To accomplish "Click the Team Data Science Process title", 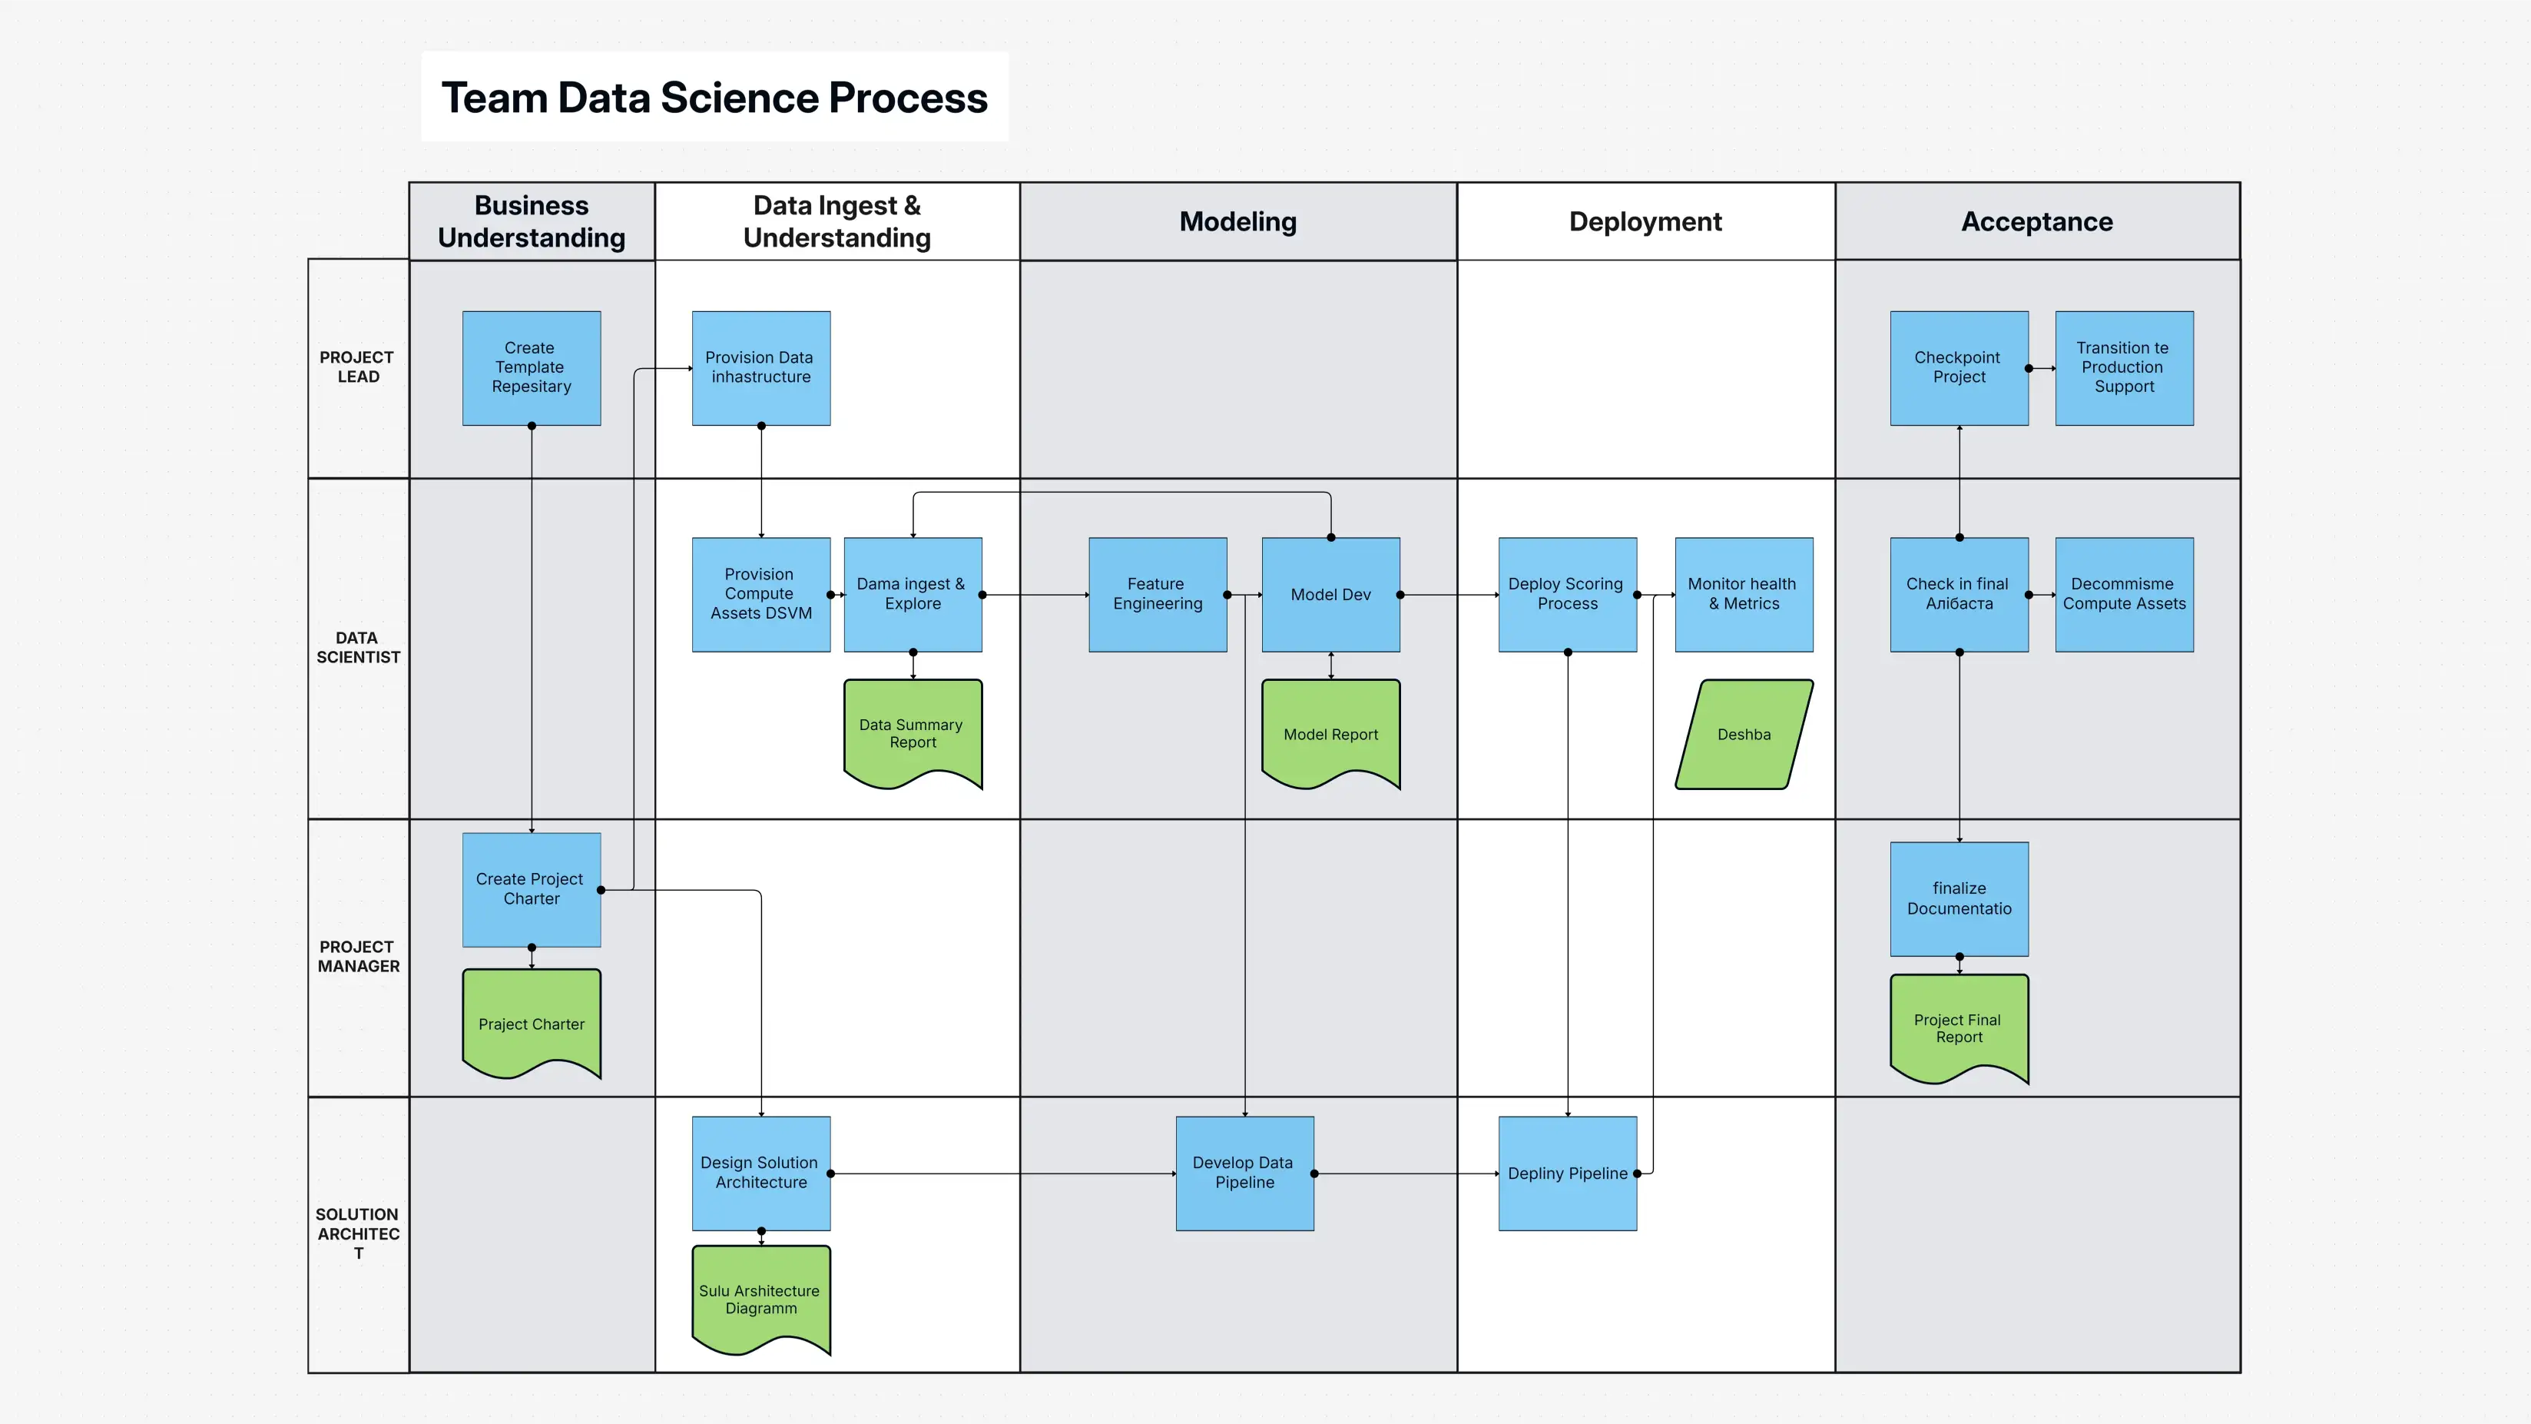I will [x=714, y=98].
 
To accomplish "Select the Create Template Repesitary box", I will [x=532, y=367].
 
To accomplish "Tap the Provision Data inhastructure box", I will [x=760, y=367].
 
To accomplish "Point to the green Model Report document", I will [x=1330, y=733].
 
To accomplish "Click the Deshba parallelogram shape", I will [x=1744, y=734].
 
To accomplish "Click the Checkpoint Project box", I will [x=1958, y=367].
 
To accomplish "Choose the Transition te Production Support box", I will [x=2123, y=367].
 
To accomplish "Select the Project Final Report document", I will [x=1958, y=1027].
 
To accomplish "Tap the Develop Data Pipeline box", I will [x=1244, y=1173].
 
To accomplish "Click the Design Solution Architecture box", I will [x=760, y=1173].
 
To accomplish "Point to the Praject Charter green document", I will [x=532, y=1023].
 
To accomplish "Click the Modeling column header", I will [x=1237, y=221].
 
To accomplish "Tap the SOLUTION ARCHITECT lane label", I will [x=358, y=1233].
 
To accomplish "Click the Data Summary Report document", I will [x=912, y=732].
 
